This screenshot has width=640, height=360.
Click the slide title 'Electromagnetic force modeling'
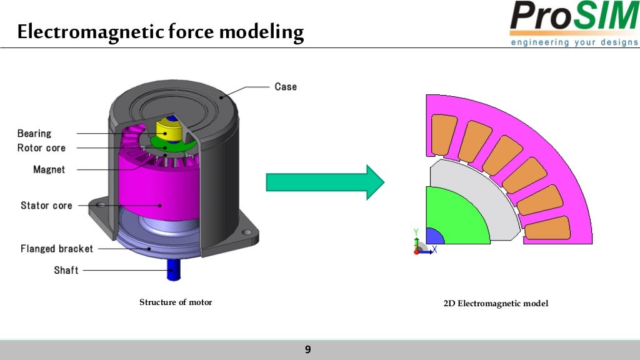pyautogui.click(x=160, y=32)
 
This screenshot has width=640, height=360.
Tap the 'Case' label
pyautogui.click(x=286, y=86)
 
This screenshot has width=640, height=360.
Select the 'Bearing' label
pyautogui.click(x=34, y=133)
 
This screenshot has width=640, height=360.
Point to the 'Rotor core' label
pyautogui.click(x=41, y=148)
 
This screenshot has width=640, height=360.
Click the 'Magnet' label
pyautogui.click(x=49, y=169)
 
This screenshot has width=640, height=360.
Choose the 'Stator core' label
pyautogui.click(x=46, y=205)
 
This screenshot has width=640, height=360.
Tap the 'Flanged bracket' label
pyautogui.click(x=57, y=249)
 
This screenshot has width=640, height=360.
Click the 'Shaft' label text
pyautogui.click(x=66, y=271)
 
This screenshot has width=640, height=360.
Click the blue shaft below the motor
pyautogui.click(x=172, y=271)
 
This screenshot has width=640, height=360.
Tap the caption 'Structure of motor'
pyautogui.click(x=176, y=302)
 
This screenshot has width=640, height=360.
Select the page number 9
pyautogui.click(x=307, y=349)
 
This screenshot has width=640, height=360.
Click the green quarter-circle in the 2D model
pyautogui.click(x=453, y=219)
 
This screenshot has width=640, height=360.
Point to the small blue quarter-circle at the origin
pyautogui.click(x=433, y=237)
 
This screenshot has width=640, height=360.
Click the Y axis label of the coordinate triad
pyautogui.click(x=416, y=232)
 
